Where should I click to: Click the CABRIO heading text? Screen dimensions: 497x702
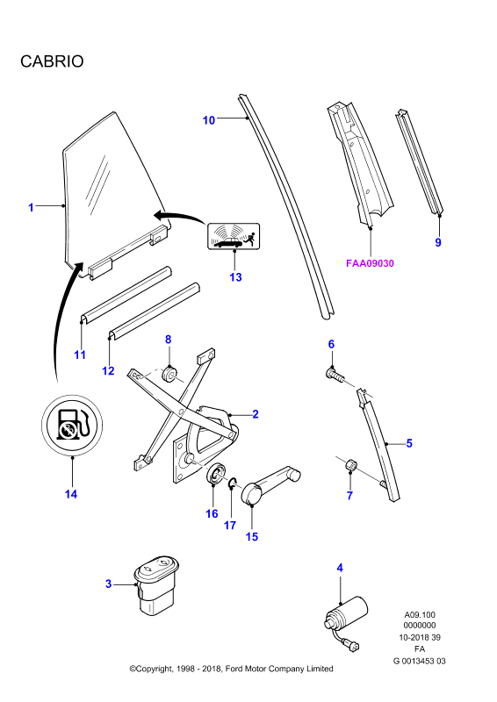tap(52, 61)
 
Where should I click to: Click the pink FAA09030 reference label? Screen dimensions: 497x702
tap(370, 263)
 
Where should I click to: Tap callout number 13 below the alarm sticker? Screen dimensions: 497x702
tap(235, 277)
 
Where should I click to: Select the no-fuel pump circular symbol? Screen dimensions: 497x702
tap(72, 425)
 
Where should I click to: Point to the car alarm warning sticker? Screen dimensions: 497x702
tap(234, 236)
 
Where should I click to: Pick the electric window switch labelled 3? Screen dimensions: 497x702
tap(156, 585)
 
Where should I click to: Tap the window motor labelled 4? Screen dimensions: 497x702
tap(346, 621)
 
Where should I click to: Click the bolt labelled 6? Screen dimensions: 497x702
tap(335, 375)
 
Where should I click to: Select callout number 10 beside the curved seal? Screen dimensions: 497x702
tap(208, 120)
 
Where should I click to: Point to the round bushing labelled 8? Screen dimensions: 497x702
tap(169, 375)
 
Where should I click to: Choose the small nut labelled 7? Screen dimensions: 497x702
tap(351, 466)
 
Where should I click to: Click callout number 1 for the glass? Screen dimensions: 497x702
tap(31, 208)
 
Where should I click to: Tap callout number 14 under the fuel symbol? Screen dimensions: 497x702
tap(71, 494)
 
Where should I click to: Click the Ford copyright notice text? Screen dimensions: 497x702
tap(231, 669)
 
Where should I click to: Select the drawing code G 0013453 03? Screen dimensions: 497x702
tap(420, 661)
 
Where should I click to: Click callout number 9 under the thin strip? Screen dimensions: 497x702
tap(438, 242)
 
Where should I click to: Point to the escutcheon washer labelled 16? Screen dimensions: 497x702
tap(216, 474)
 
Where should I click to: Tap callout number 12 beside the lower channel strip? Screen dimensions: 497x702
tap(108, 370)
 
